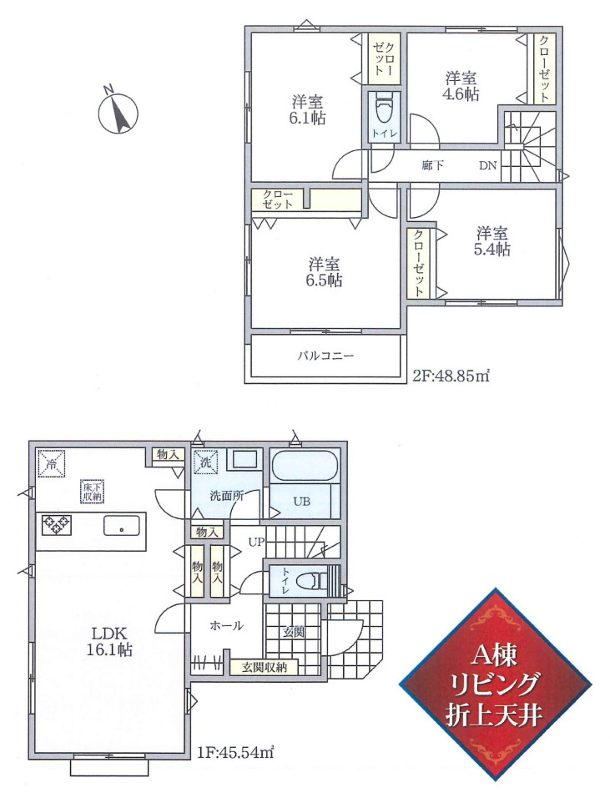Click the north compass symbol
[118, 113]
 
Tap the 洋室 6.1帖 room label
[307, 109]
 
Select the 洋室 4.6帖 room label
[461, 86]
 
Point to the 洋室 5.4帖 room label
[492, 241]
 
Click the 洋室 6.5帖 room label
[325, 272]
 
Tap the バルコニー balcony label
[325, 356]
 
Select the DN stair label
[488, 165]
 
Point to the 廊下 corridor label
[432, 165]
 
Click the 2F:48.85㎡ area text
[451, 376]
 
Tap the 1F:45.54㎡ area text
[234, 753]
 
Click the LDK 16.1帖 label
[109, 641]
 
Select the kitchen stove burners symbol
[56, 524]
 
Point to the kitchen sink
[122, 526]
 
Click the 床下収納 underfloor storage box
[93, 491]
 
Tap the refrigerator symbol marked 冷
[52, 462]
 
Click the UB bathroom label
[301, 500]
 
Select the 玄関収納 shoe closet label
[264, 667]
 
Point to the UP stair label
[256, 542]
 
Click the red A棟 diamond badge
[496, 684]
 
